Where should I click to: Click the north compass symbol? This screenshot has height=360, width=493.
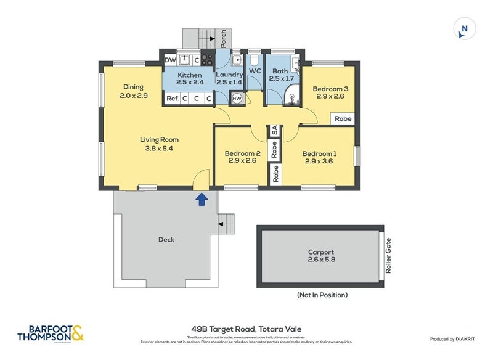(465, 28)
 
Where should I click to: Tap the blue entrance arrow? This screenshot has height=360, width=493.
(201, 198)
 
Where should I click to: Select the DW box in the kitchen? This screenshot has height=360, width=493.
(169, 60)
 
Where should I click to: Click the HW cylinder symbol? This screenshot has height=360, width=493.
(237, 99)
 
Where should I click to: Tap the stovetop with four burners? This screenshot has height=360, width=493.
(207, 60)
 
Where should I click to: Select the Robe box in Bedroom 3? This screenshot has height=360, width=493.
(343, 118)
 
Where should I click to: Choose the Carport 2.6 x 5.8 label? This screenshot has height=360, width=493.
(320, 255)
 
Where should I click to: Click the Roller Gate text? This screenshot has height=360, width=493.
(388, 255)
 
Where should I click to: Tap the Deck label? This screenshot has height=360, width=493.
(166, 239)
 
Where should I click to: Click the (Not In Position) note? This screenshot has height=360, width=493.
(322, 295)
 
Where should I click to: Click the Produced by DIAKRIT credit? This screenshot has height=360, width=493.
(455, 338)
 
